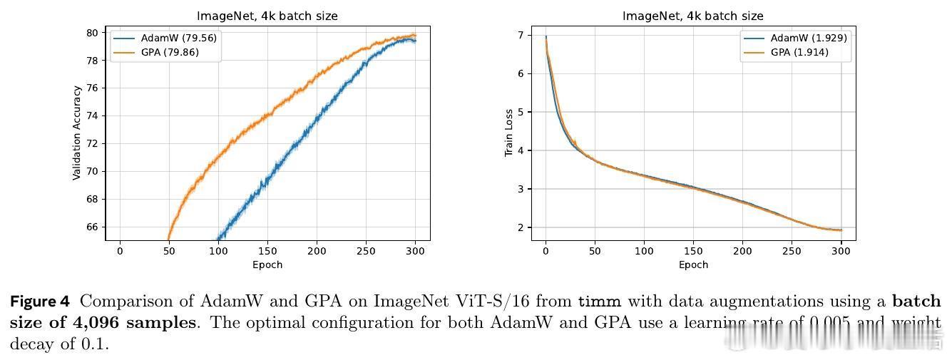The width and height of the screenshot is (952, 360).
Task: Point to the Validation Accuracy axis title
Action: (x=76, y=133)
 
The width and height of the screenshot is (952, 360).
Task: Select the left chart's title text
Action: (x=267, y=16)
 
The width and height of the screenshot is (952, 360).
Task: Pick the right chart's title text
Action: (x=693, y=16)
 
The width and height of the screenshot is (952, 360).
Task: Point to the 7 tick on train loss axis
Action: (x=521, y=35)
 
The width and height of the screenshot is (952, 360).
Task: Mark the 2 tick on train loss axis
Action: (x=521, y=227)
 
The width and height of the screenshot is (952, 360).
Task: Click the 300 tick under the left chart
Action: (x=415, y=251)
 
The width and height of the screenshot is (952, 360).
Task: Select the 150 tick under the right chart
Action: (x=693, y=251)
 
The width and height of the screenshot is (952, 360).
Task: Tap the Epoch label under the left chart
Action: (x=267, y=264)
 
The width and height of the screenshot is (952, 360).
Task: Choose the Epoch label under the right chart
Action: (x=693, y=264)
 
